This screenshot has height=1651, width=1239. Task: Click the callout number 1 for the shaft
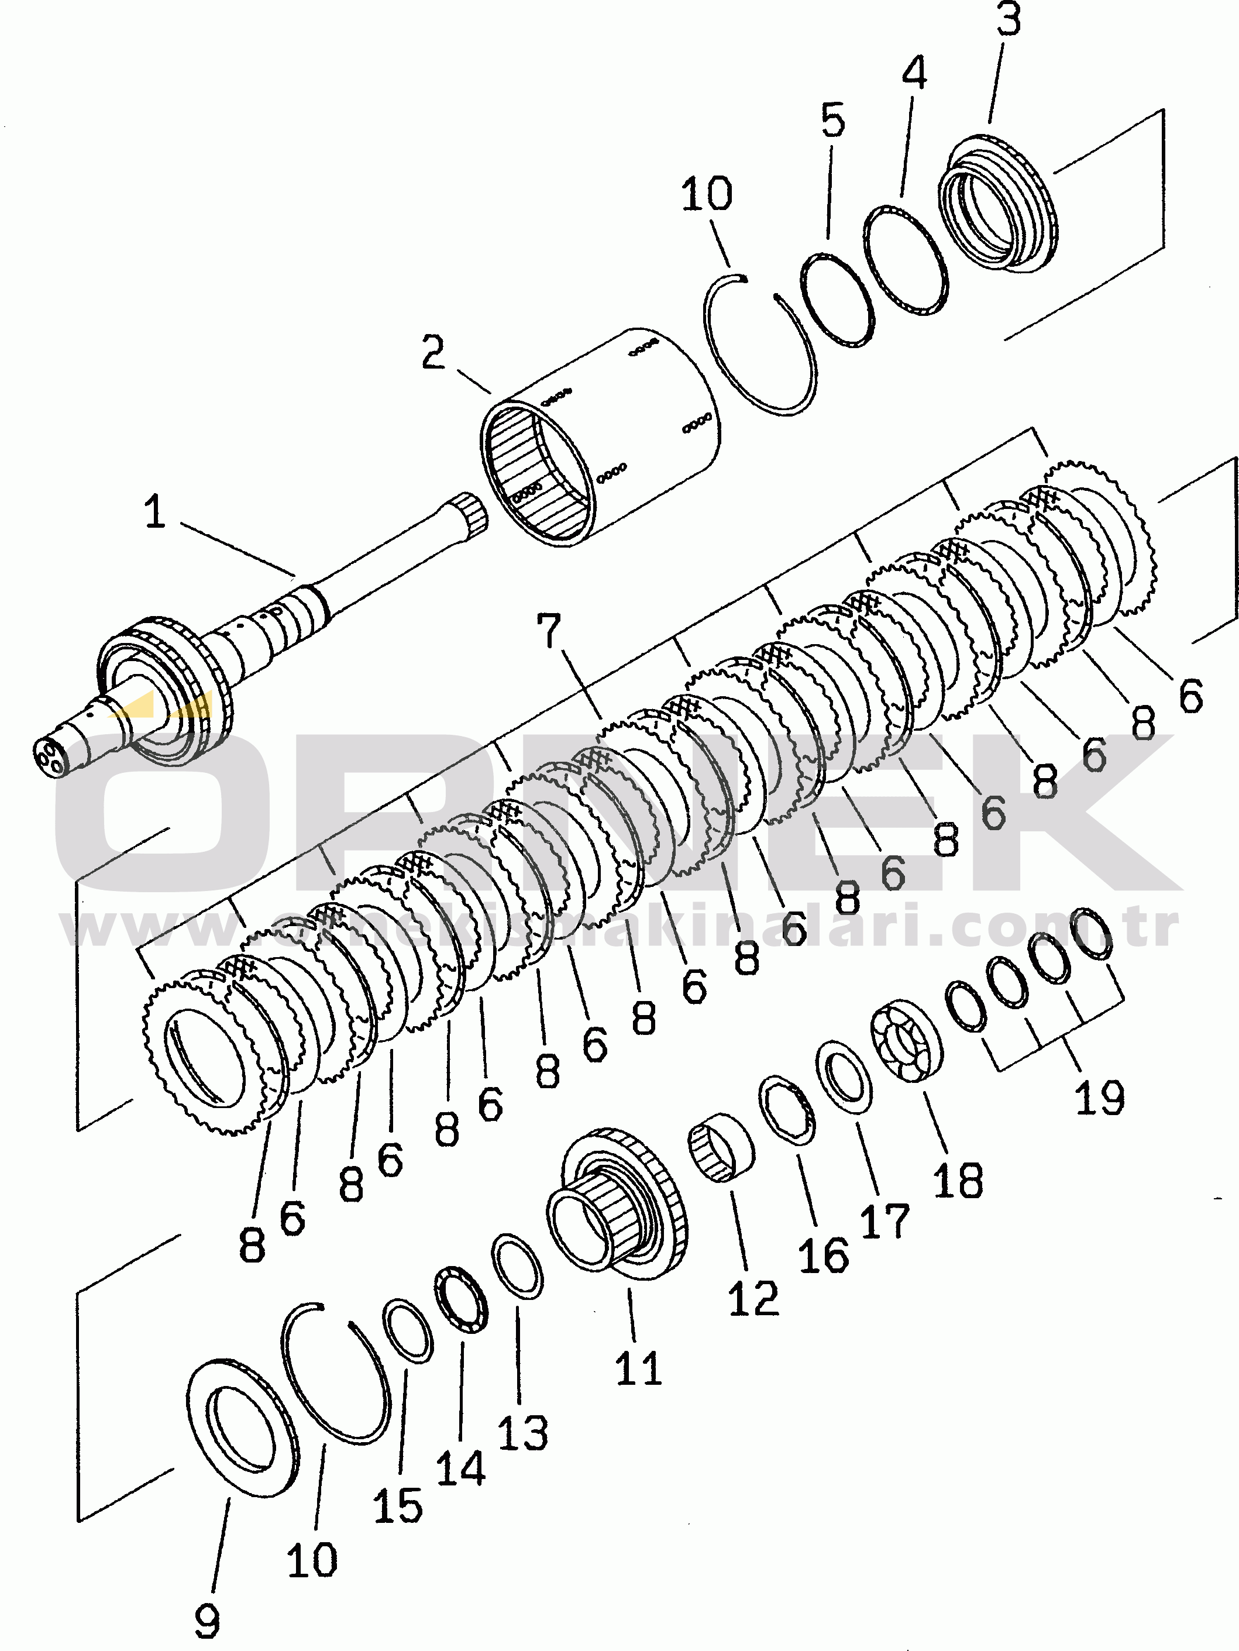(x=154, y=512)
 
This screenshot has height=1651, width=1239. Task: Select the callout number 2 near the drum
(x=433, y=352)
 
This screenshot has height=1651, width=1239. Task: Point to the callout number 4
(x=914, y=73)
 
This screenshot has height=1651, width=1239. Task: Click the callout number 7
(x=549, y=631)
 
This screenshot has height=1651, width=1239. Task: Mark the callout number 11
(x=638, y=1368)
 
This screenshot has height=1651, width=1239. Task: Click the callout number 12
(x=753, y=1299)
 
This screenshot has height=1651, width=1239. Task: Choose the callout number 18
(x=958, y=1180)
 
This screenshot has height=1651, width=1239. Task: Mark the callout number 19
(x=1099, y=1097)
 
